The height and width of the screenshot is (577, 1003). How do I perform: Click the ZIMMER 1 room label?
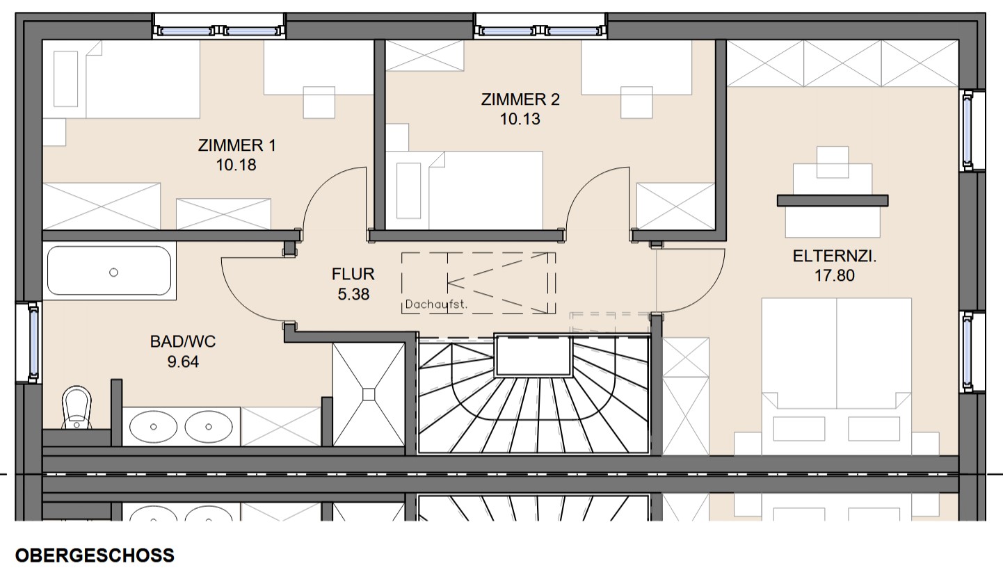pos(237,145)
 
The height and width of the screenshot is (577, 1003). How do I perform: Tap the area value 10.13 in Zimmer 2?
pos(520,119)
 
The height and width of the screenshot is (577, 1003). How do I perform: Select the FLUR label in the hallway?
pos(353,274)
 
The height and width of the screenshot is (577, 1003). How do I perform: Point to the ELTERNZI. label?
pos(835,256)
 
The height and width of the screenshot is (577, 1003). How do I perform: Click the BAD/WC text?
pos(183,341)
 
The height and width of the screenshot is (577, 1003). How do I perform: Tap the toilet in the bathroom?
pos(77,407)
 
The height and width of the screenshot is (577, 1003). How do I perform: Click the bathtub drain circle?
pos(113,272)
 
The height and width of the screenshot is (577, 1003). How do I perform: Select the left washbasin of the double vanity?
pos(153,426)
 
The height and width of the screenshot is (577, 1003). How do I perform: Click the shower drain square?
pos(369,394)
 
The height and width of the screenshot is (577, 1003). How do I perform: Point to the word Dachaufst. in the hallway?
pos(435,304)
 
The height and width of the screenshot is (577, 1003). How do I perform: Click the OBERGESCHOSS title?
pos(95,555)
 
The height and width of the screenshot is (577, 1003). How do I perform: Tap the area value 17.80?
pos(834,276)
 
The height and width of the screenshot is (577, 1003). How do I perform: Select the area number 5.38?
pos(353,294)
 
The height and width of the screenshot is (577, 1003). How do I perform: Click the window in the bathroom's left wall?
pos(33,343)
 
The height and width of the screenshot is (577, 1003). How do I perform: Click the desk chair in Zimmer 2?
pos(636,102)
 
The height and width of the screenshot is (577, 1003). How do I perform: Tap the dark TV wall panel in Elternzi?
pos(833,200)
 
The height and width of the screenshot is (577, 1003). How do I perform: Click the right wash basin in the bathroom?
pos(209,426)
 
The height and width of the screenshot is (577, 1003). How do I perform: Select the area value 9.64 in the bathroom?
pos(183,361)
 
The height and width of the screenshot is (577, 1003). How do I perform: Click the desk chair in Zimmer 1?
pos(319,102)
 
